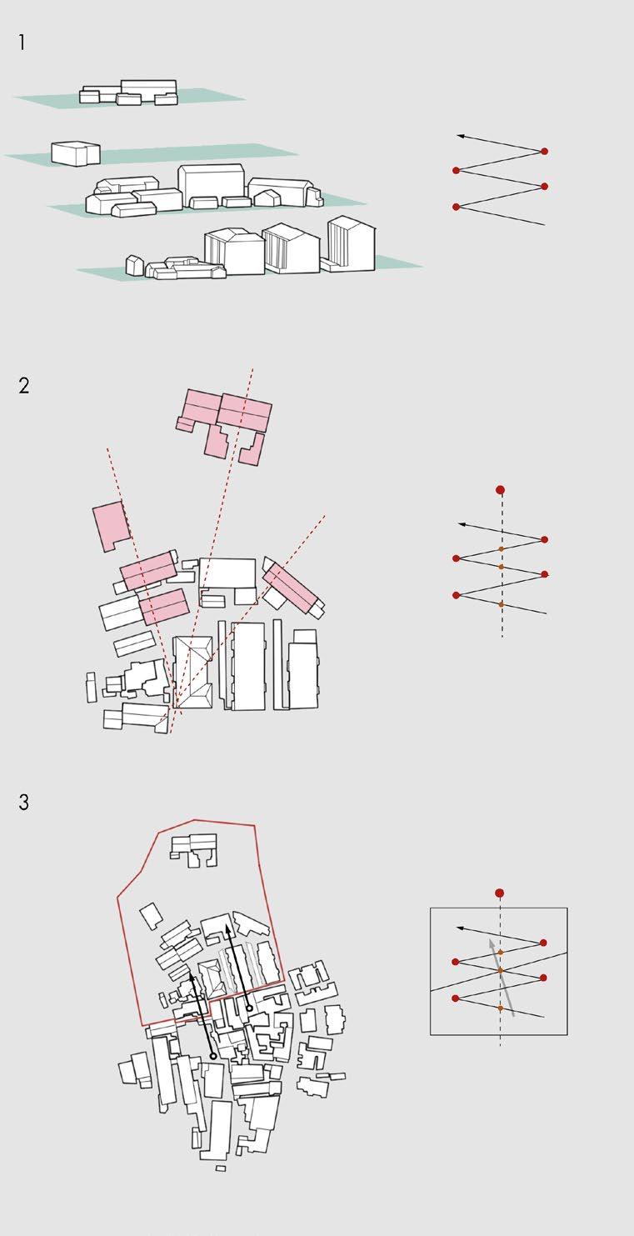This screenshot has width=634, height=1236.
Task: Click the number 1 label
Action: click(22, 43)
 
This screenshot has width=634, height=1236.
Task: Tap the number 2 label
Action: click(23, 385)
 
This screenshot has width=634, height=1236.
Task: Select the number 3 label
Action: click(23, 802)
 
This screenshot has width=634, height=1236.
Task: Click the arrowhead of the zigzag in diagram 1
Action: click(460, 135)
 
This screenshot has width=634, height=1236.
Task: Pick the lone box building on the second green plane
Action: click(76, 153)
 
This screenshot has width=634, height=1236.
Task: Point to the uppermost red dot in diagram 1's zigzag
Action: click(545, 151)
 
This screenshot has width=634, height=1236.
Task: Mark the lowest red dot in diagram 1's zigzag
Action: click(456, 207)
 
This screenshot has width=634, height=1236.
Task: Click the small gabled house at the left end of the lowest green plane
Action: click(134, 265)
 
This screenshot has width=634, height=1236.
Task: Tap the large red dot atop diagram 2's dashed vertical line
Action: click(501, 489)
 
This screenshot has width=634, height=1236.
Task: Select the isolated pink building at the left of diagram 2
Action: click(112, 525)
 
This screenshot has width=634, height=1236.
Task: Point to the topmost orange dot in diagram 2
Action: click(501, 548)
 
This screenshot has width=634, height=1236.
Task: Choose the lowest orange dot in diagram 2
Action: click(501, 605)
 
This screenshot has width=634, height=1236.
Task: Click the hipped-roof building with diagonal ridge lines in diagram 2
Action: click(192, 672)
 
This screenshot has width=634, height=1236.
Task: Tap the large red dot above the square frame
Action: click(499, 893)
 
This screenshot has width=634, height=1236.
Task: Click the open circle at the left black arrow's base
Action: click(213, 1056)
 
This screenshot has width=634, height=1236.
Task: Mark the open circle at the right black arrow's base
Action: click(249, 1008)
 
